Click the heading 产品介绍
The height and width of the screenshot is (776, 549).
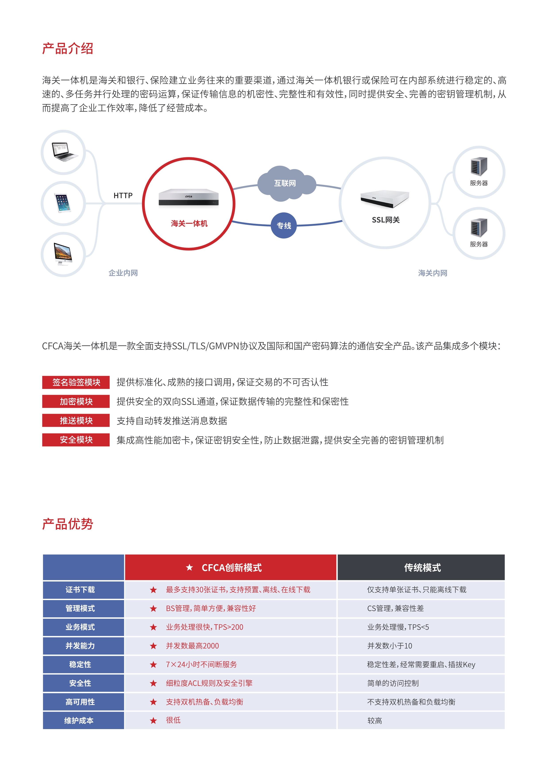[67, 49]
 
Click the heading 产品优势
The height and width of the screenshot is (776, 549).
[67, 524]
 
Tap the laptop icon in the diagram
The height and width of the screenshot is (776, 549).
[64, 152]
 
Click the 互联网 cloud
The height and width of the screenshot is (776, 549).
[285, 183]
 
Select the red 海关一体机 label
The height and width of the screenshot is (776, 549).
[189, 223]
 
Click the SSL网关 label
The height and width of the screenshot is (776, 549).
[386, 220]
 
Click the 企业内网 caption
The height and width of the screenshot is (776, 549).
[123, 273]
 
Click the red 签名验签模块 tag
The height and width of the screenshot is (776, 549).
[76, 382]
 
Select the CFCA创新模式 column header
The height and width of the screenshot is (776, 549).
[231, 568]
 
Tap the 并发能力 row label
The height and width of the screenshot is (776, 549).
[80, 646]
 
